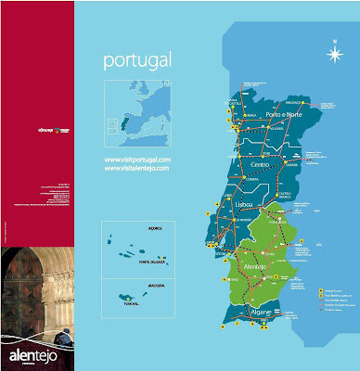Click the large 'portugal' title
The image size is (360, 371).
137,62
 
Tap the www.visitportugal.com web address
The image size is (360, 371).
137,160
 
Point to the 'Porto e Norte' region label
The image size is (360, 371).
283,116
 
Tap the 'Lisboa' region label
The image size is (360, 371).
246,203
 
